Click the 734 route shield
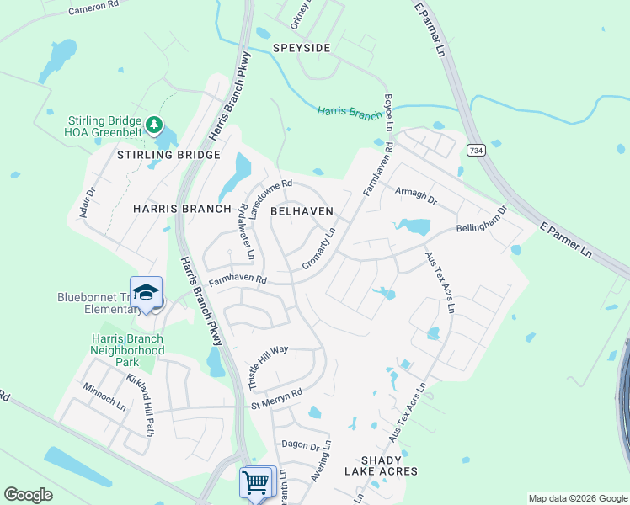[x=476, y=150]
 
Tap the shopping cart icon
[x=257, y=483]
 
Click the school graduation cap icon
[x=147, y=293]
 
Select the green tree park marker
[x=153, y=125]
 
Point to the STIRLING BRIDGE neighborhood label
[x=168, y=155]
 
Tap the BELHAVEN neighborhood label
[x=302, y=211]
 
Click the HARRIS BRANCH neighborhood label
[x=182, y=208]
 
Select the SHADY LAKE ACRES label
[x=388, y=465]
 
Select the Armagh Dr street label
[x=416, y=196]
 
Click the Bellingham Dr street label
[x=481, y=220]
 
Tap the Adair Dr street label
[x=88, y=202]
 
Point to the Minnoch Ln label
[x=104, y=397]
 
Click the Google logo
[x=28, y=495]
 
